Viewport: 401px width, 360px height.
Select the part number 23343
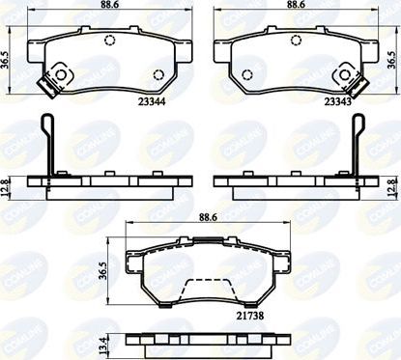[336, 99]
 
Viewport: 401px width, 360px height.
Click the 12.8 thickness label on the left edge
[8, 182]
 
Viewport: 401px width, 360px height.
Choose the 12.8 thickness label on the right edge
[392, 182]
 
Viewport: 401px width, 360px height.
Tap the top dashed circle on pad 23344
[109, 41]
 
